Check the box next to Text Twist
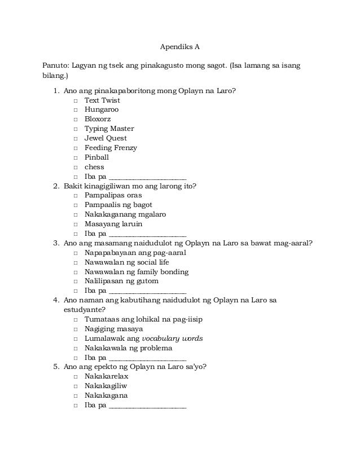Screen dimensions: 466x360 [76, 100]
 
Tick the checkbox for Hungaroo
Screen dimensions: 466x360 [76, 110]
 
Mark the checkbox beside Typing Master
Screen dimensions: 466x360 [76, 129]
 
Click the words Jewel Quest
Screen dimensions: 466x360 [106, 138]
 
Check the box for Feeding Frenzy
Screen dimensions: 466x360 [76, 148]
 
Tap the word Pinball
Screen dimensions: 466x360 [96, 157]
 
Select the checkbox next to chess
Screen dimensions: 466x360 [76, 168]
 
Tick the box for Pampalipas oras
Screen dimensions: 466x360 [76, 195]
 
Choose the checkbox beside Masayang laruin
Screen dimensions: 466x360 [76, 224]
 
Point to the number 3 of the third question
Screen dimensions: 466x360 [55, 243]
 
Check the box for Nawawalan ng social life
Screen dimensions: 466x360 [76, 262]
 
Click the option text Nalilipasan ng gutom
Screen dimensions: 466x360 [121, 281]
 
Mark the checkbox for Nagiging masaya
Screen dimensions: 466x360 [76, 329]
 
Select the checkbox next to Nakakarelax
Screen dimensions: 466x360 [76, 376]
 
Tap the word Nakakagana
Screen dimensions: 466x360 [106, 395]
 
